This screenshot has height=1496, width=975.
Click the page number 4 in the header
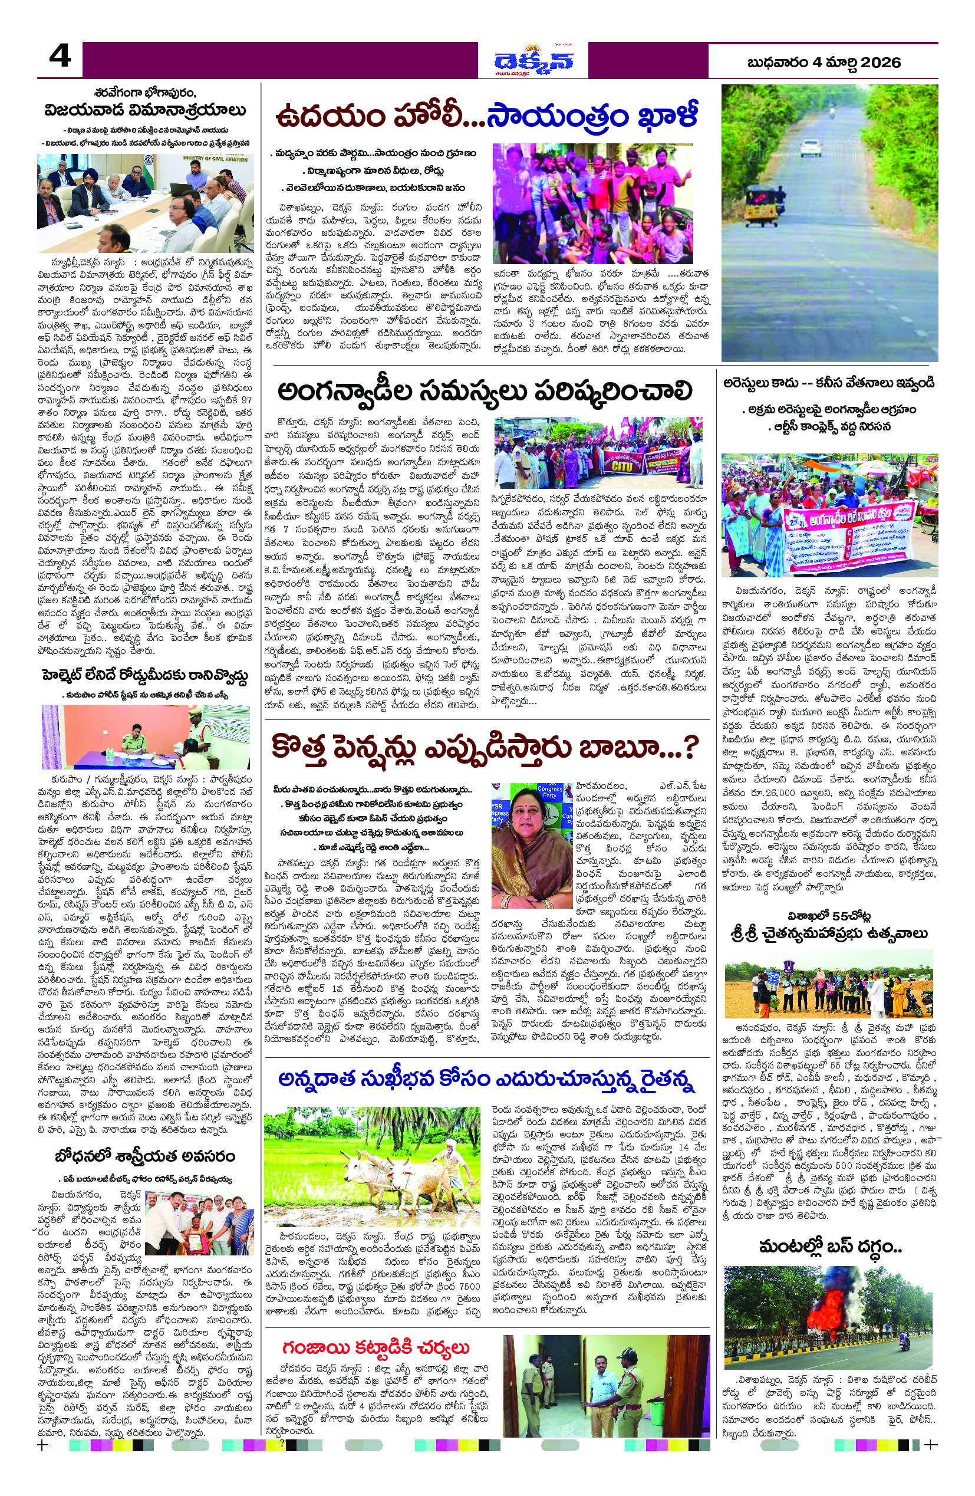(x=60, y=59)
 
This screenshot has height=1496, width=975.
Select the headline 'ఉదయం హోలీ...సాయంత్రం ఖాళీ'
(x=487, y=117)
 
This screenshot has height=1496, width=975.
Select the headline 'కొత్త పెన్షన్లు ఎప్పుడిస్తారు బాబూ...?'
(x=487, y=749)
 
